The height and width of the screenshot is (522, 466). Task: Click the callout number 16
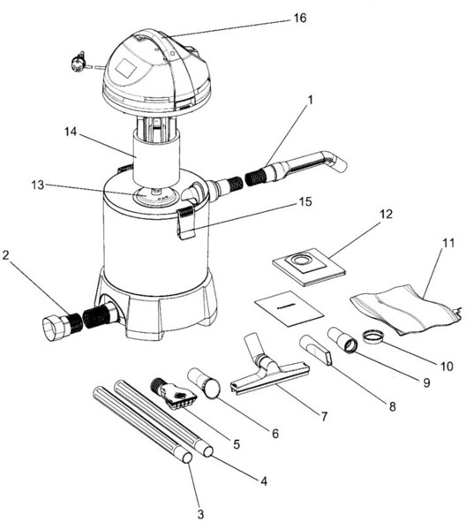pyautogui.click(x=300, y=18)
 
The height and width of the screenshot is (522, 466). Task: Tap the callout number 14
pyautogui.click(x=71, y=132)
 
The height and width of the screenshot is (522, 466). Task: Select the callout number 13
pyautogui.click(x=38, y=185)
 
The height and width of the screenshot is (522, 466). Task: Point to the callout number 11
pyautogui.click(x=448, y=243)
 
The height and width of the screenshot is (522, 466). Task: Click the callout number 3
pyautogui.click(x=200, y=514)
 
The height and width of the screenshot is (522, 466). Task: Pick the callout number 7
pyautogui.click(x=324, y=416)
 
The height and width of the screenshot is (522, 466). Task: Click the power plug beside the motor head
pyautogui.click(x=79, y=61)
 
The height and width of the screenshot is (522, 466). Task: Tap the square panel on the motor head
pyautogui.click(x=125, y=67)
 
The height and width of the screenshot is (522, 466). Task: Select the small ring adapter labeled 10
pyautogui.click(x=372, y=336)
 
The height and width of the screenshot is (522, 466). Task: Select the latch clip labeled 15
pyautogui.click(x=185, y=223)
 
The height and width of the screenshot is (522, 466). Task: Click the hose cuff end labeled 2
pyautogui.click(x=54, y=329)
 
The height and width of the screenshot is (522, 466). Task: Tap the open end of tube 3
pyautogui.click(x=187, y=458)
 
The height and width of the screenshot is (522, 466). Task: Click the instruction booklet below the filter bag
pyautogui.click(x=289, y=308)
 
